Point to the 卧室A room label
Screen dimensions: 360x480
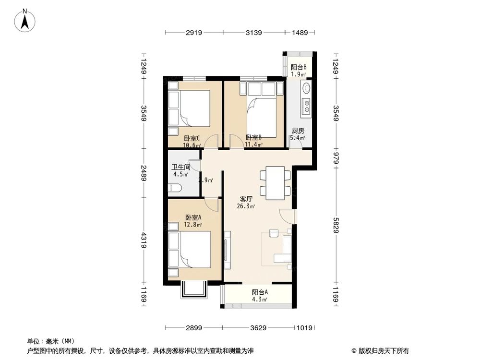point(193,217)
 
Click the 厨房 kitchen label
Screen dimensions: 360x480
point(298,131)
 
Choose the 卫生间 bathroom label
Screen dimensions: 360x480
point(181,168)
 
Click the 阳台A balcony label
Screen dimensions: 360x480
point(260,292)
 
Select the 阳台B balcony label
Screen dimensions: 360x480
point(299,67)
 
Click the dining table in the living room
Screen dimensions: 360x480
point(276,182)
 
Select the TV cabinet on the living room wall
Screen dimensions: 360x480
point(228,250)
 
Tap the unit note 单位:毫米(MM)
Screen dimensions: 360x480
point(47,340)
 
